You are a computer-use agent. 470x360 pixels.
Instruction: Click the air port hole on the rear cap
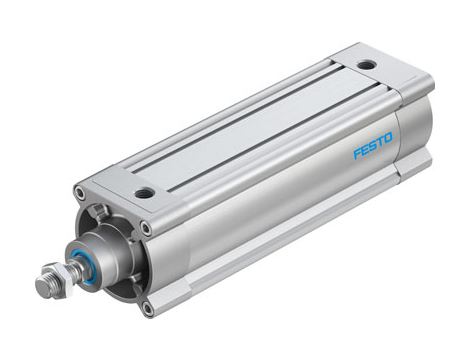pos(367,65)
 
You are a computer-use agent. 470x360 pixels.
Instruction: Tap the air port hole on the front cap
pos(146,192)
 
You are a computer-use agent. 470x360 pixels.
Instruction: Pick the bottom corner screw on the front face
pos(147,308)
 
